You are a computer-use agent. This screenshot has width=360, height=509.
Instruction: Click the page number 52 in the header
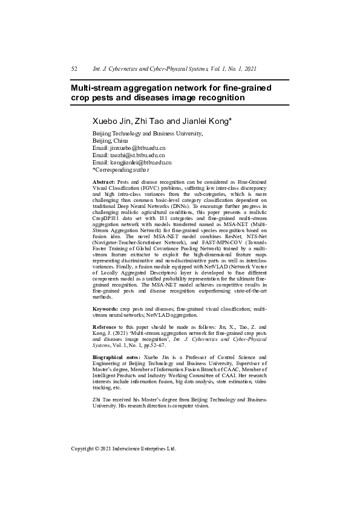coord(74,70)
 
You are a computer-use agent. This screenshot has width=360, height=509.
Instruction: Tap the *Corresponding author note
coord(123,170)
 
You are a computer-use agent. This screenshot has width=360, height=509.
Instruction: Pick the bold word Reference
coord(106,327)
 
